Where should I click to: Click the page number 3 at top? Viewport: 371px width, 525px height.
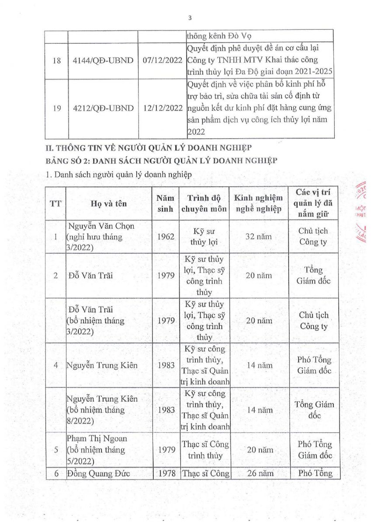point(190,18)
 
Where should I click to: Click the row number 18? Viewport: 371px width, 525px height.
point(57,59)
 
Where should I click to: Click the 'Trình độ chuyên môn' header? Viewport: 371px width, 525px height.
point(204,204)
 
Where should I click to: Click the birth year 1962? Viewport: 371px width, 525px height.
point(166,237)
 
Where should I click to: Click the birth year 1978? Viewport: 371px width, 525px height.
point(166,473)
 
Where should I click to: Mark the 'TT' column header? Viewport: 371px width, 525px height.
point(55,204)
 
